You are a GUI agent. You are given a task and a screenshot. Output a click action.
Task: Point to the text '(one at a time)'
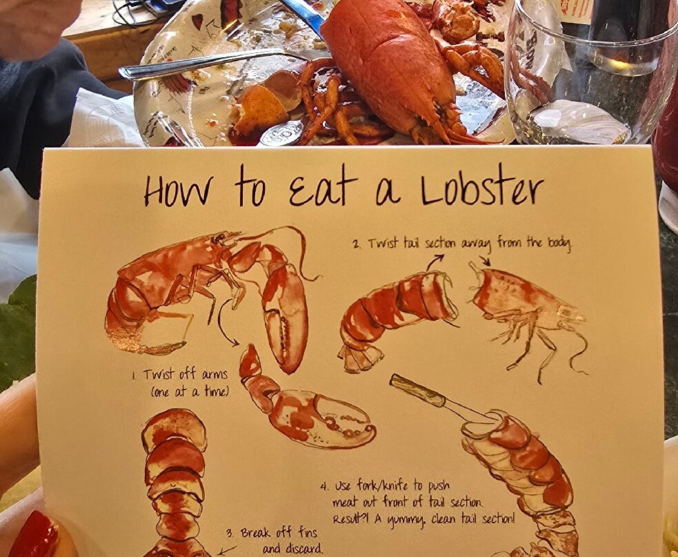pyautogui.click(x=189, y=392)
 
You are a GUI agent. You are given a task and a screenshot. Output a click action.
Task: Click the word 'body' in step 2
pyautogui.click(x=559, y=243)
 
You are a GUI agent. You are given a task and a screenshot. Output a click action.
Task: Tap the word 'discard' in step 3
pyautogui.click(x=304, y=549)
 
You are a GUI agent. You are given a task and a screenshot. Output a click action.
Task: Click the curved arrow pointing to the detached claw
pyautogui.click(x=225, y=322)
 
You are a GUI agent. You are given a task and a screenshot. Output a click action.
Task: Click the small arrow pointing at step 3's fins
pyautogui.click(x=226, y=550)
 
